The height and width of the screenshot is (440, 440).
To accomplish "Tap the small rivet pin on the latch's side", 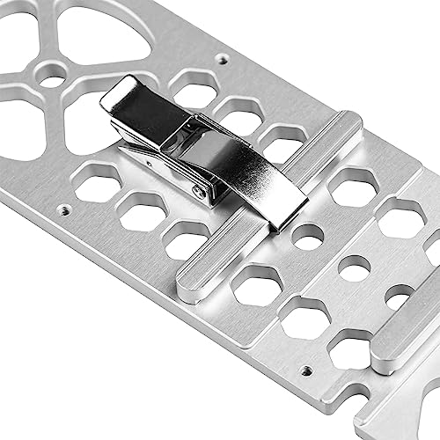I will pos(202,190).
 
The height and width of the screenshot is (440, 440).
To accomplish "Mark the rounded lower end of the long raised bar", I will pos(189,287).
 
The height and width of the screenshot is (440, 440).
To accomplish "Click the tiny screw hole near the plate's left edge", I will pos(63,211).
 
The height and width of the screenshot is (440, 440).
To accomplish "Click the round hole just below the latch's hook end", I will pos(307,236).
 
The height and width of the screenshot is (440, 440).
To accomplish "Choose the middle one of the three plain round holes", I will pos(354,268).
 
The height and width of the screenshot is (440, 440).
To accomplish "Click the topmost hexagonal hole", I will pos(195,88).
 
